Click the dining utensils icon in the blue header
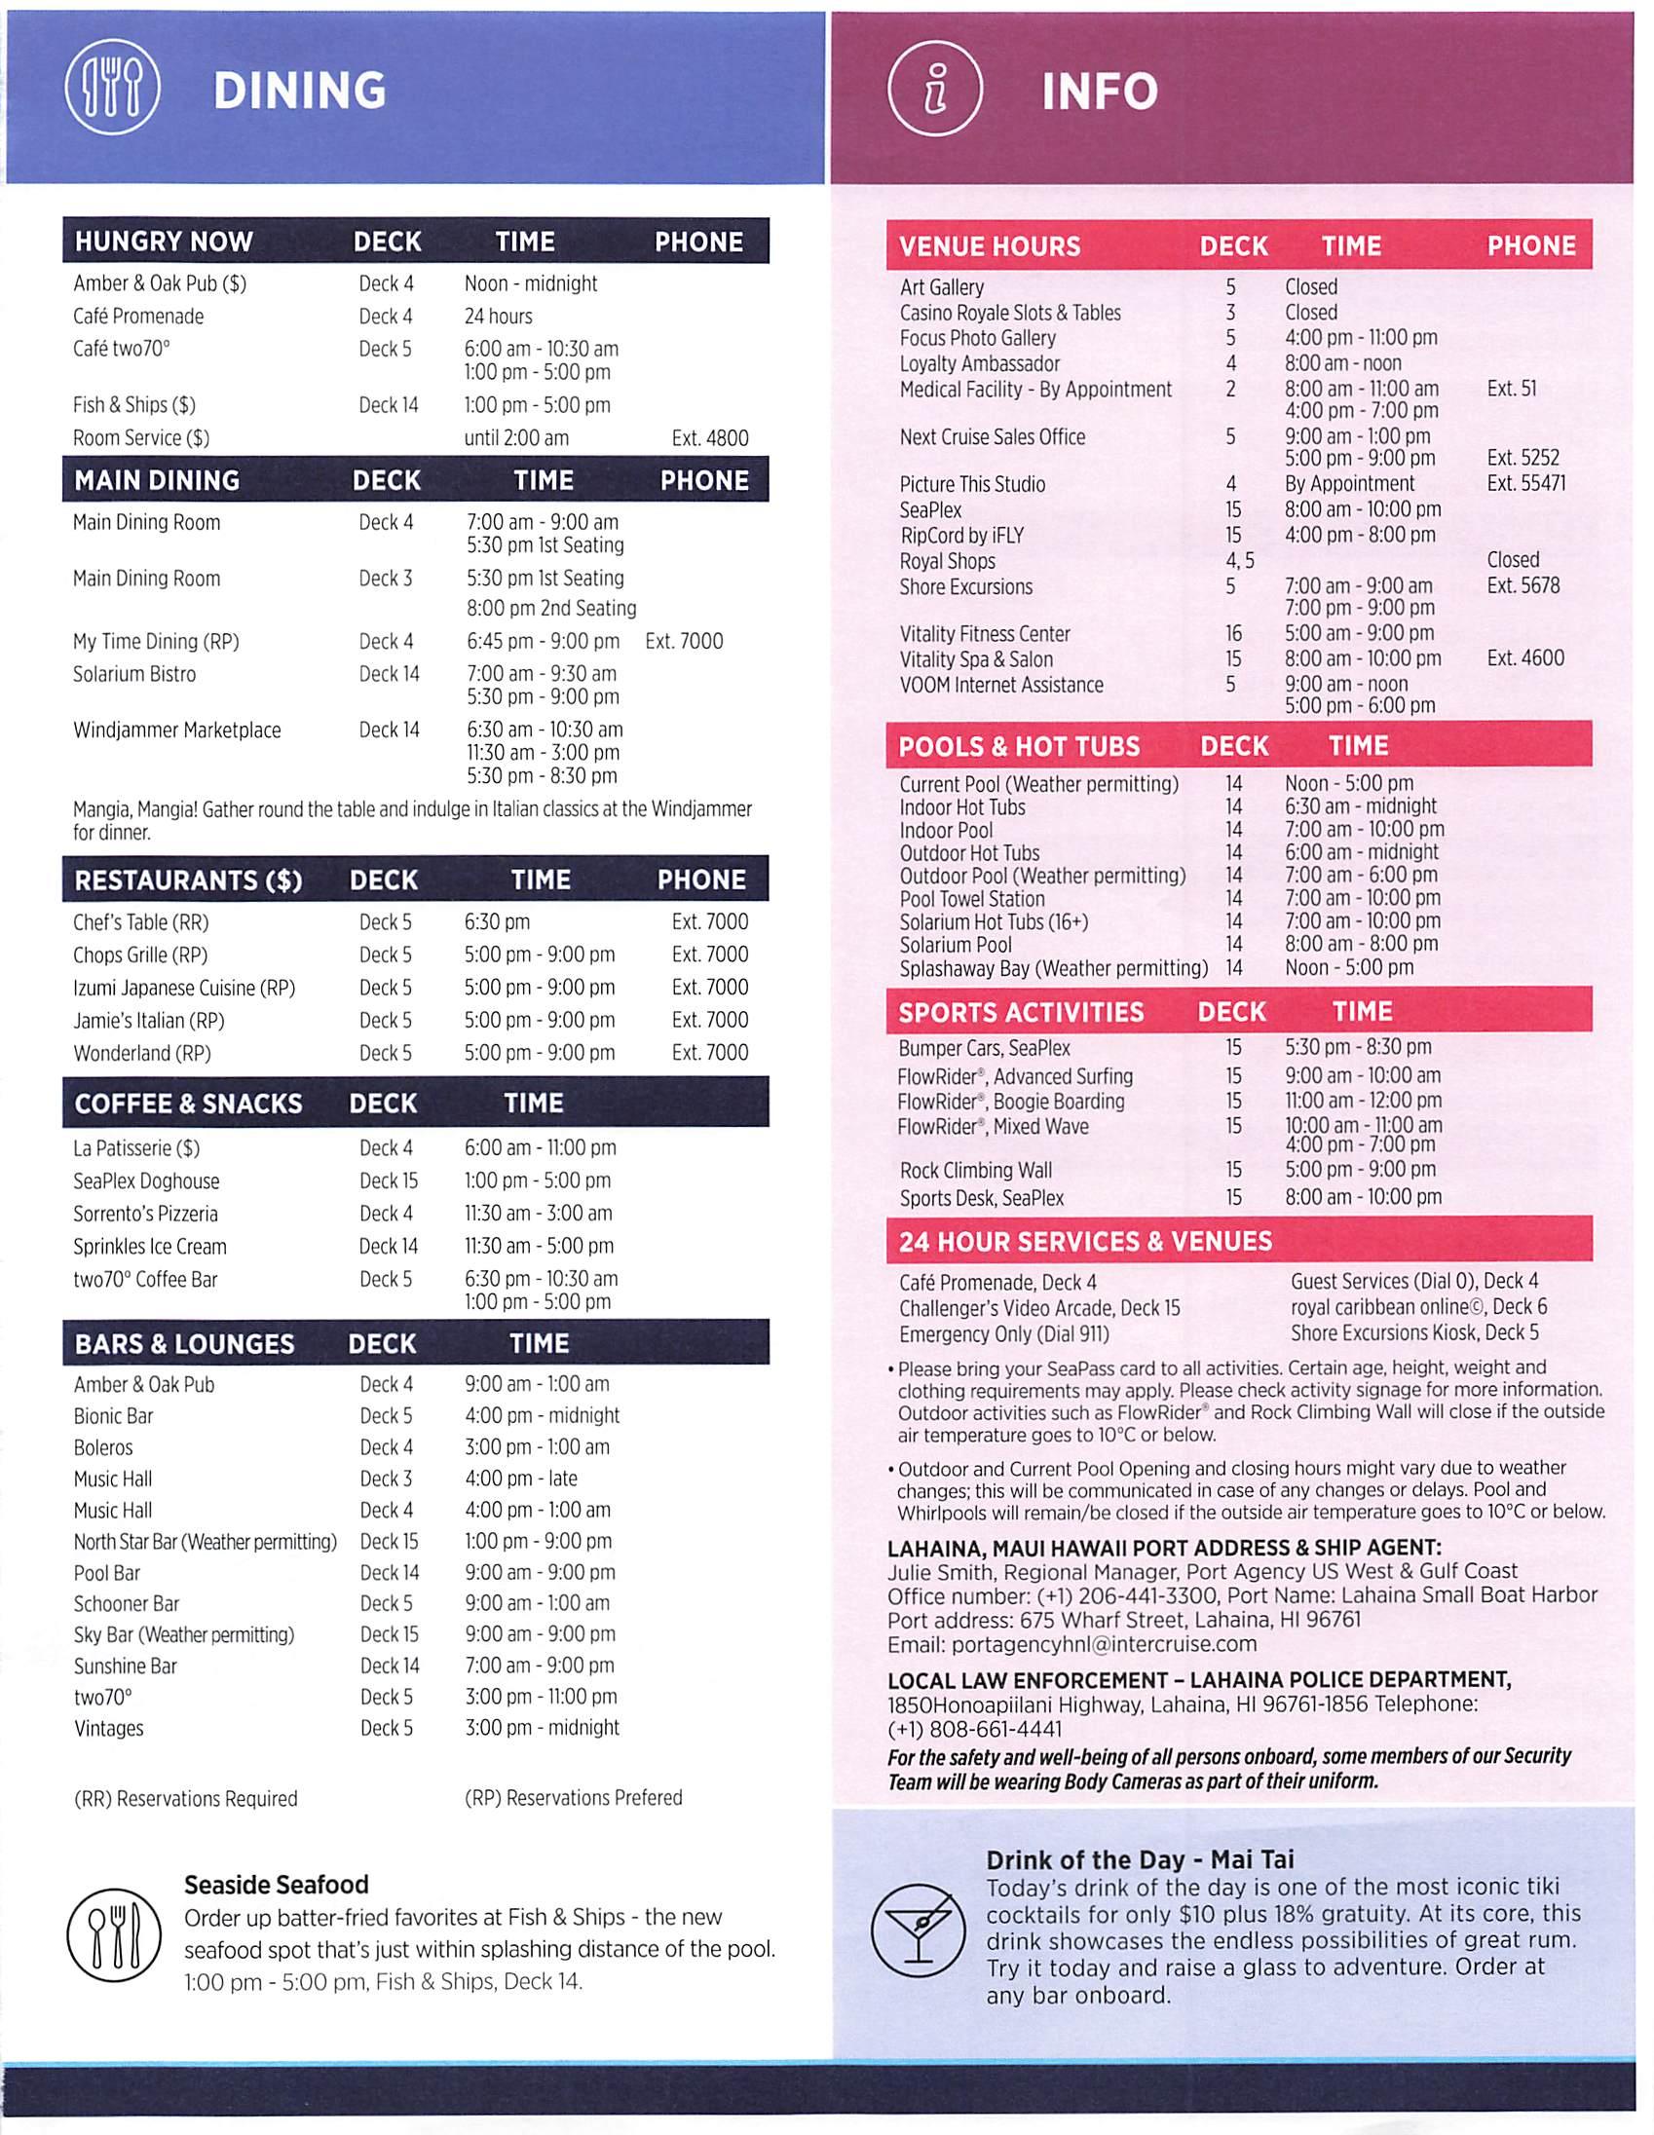coord(111,91)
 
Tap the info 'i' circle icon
coord(933,91)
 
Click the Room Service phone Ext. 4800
coord(710,438)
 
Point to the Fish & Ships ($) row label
coord(133,405)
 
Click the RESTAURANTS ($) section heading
coord(189,880)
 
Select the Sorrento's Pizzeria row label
coord(146,1214)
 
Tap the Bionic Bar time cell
coord(542,1415)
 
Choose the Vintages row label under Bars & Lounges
coord(108,1727)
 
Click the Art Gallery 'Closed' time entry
coord(1311,286)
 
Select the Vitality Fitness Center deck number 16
coord(1233,633)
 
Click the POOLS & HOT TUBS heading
coord(1019,747)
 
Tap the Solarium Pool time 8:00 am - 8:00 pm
coord(1361,945)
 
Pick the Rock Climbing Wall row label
coord(976,1170)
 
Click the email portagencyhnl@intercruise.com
coord(1071,1644)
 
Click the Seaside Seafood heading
coord(277,1885)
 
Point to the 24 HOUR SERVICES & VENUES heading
coord(1085,1242)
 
